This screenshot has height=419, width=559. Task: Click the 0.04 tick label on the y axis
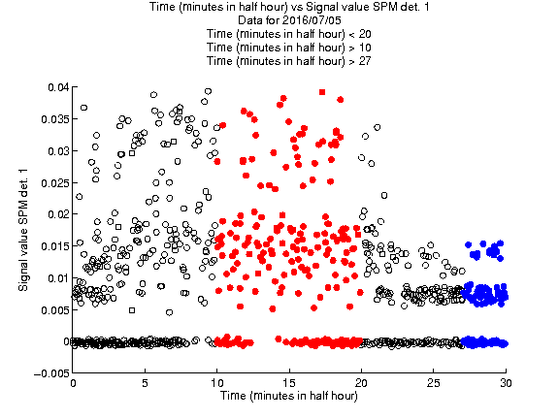click(58, 87)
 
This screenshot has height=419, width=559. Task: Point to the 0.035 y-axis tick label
click(54, 119)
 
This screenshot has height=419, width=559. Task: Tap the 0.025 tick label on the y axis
click(54, 183)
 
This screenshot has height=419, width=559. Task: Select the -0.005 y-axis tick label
click(51, 373)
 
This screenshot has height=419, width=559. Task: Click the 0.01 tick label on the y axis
click(58, 278)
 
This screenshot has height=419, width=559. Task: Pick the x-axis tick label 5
click(145, 383)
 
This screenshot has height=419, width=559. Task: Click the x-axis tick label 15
click(289, 383)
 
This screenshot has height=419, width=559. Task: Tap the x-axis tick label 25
click(434, 383)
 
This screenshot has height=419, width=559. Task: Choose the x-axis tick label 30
click(506, 383)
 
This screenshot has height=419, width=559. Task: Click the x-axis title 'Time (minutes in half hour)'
click(289, 396)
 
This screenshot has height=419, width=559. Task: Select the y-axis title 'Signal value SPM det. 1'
click(23, 230)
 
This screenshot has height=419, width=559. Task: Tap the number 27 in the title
click(365, 61)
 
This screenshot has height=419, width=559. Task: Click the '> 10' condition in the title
click(360, 48)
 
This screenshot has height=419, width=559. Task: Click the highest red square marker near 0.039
click(322, 92)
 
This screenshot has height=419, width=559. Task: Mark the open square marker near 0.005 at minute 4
click(132, 310)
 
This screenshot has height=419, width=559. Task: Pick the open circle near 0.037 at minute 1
click(83, 108)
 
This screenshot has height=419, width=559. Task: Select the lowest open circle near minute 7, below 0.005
click(169, 312)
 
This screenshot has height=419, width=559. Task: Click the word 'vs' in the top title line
click(297, 7)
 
